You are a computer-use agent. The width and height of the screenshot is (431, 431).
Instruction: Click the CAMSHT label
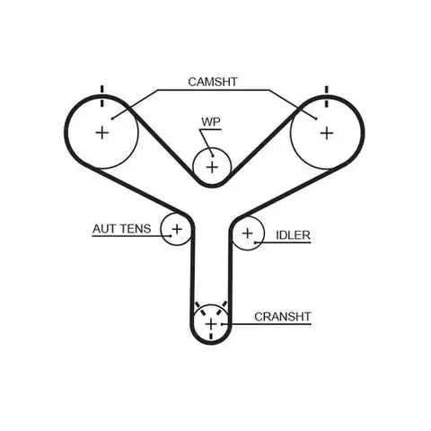(x=213, y=82)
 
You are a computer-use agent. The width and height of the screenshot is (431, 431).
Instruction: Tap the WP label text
(x=211, y=122)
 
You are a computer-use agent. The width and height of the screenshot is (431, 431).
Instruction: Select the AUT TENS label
(x=121, y=229)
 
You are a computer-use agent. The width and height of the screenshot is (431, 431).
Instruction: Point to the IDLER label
(x=293, y=235)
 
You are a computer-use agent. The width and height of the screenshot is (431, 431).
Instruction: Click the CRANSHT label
(x=283, y=317)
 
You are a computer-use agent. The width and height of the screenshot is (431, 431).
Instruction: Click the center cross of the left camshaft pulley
(x=102, y=133)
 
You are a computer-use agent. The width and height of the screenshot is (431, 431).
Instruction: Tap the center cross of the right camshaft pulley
(x=327, y=133)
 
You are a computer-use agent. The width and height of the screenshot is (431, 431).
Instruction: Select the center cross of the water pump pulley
(x=212, y=167)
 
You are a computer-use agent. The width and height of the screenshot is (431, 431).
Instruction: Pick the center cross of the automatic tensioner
(x=177, y=229)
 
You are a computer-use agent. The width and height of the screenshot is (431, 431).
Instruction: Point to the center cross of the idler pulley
(x=248, y=233)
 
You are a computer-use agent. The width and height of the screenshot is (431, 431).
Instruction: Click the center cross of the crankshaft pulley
(x=211, y=324)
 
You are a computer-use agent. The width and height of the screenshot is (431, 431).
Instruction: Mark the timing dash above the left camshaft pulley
(x=102, y=96)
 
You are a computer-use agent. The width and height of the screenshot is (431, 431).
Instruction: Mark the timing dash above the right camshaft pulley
(x=327, y=96)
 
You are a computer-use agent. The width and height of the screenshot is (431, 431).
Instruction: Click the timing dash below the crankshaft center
(x=211, y=336)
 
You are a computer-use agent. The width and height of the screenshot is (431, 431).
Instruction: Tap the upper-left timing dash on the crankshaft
(x=200, y=308)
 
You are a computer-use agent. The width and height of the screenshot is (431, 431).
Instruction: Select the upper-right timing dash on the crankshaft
(x=221, y=308)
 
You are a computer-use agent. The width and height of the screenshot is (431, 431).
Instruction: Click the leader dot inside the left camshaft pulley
(x=112, y=119)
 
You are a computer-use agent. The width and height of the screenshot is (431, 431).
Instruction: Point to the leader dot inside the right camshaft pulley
(x=316, y=119)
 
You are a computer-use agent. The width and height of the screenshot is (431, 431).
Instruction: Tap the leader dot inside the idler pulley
(x=255, y=242)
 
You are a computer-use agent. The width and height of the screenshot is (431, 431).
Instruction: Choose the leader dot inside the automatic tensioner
(x=171, y=236)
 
